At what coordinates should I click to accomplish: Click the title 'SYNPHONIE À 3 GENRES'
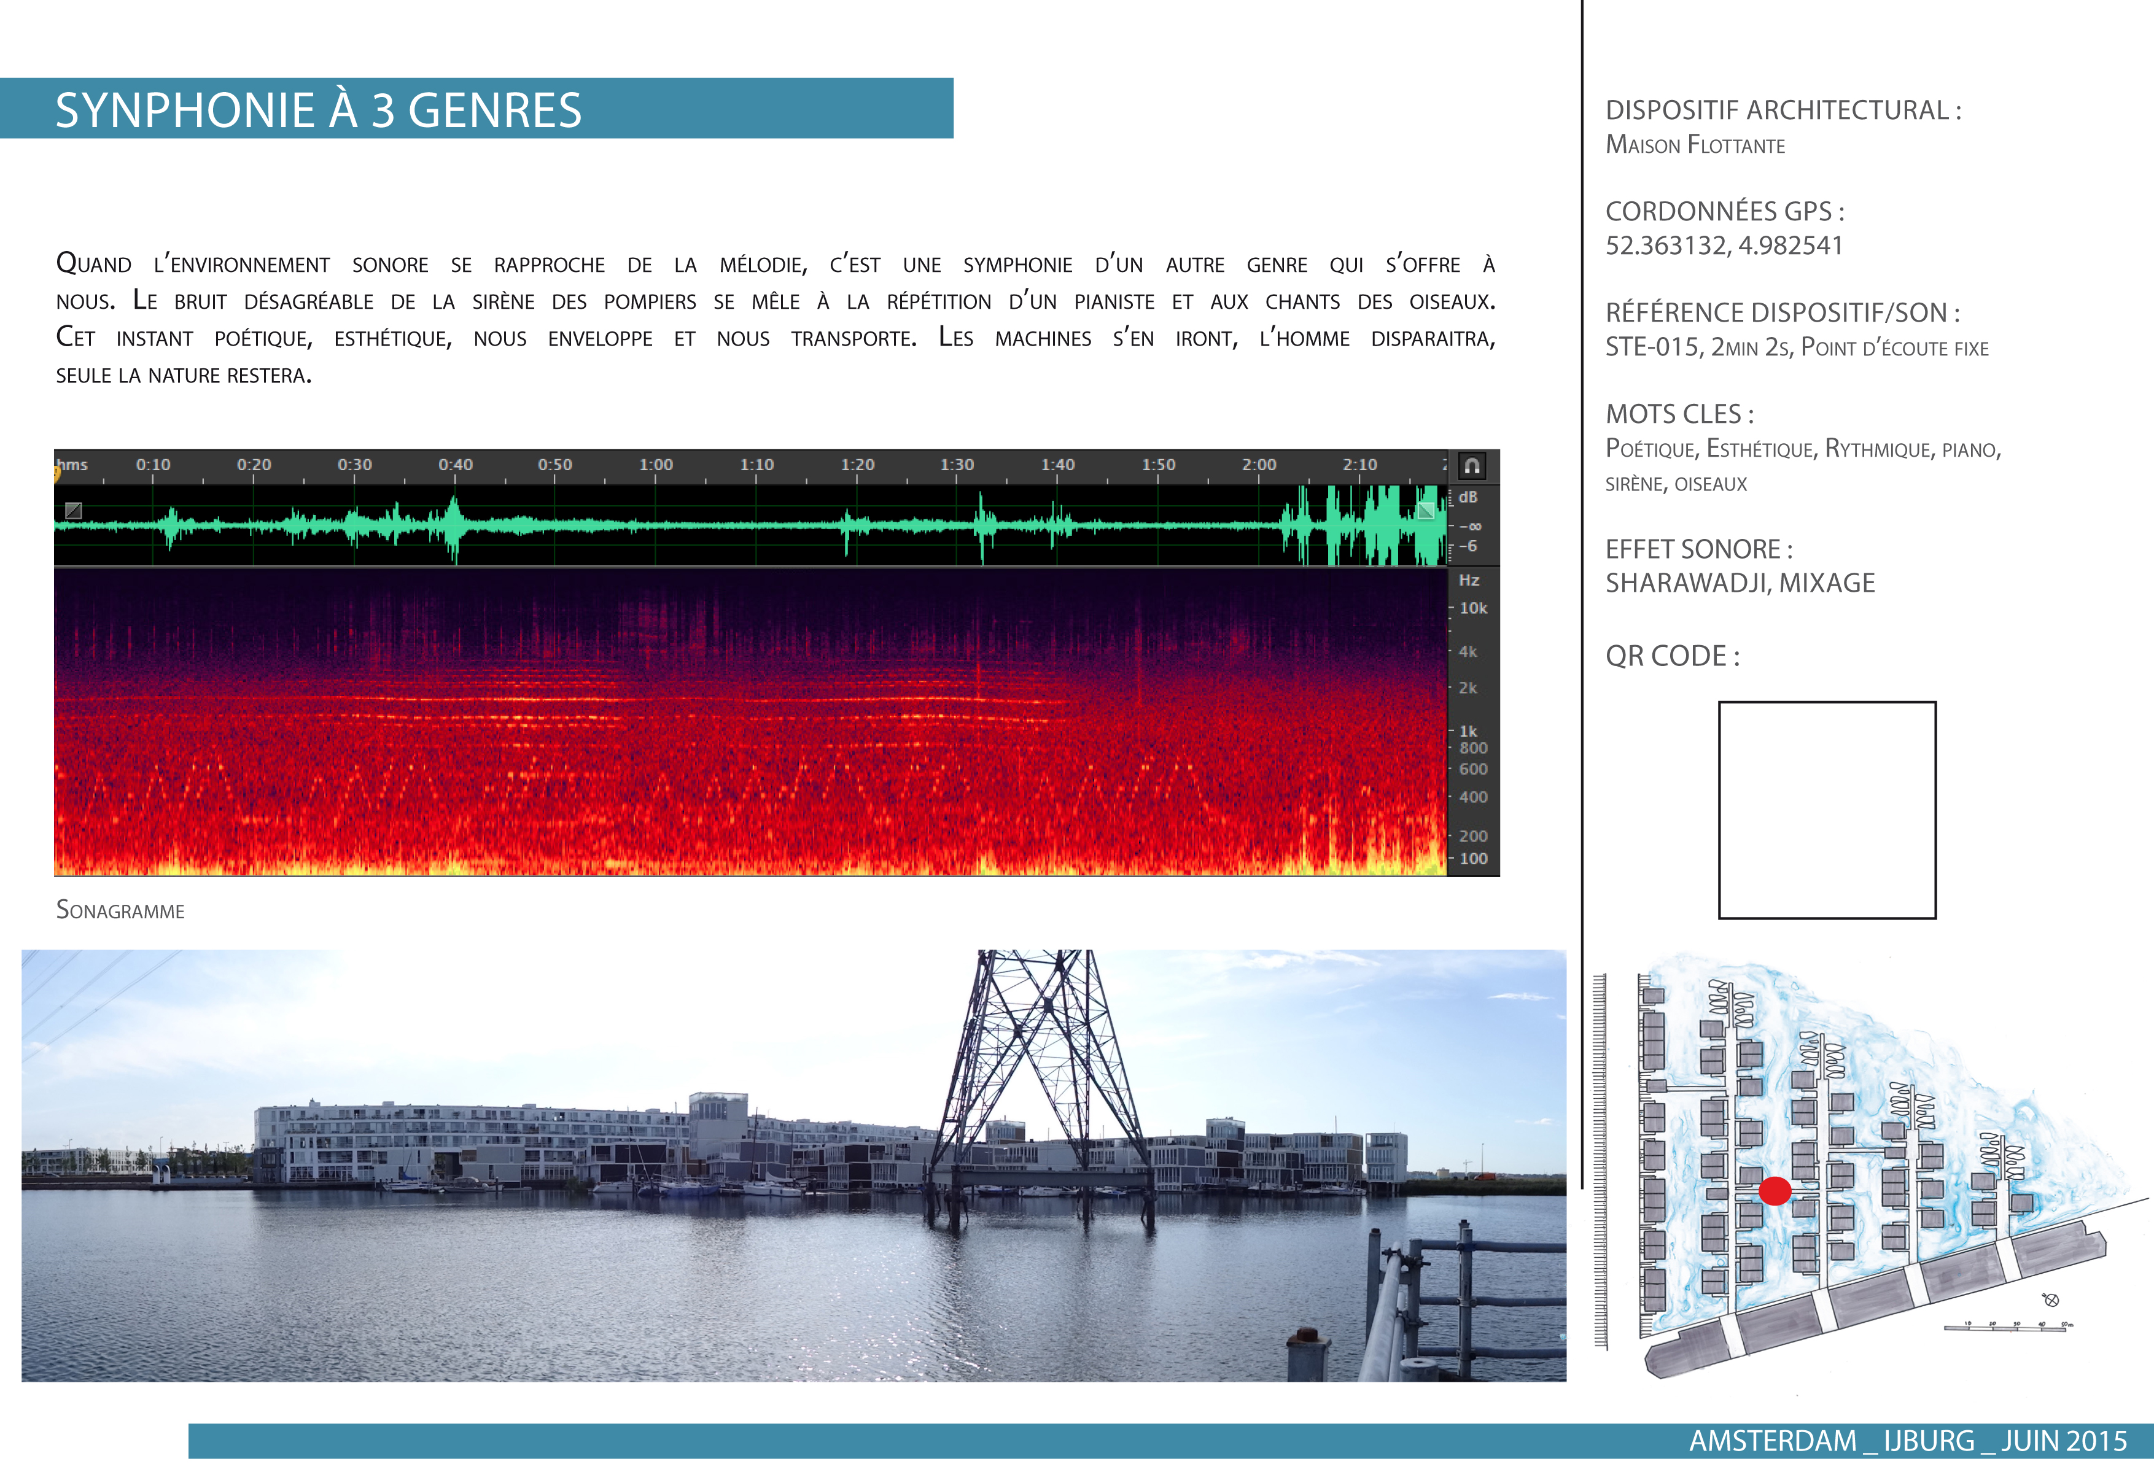pos(318,110)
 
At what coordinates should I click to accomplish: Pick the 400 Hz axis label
pos(1473,797)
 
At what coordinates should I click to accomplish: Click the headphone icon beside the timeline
pos(1472,466)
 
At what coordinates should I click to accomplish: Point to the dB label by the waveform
pos(1468,498)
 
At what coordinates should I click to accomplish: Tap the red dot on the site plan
pos(1775,1191)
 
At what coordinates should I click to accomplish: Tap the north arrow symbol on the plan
pos(2051,1300)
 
